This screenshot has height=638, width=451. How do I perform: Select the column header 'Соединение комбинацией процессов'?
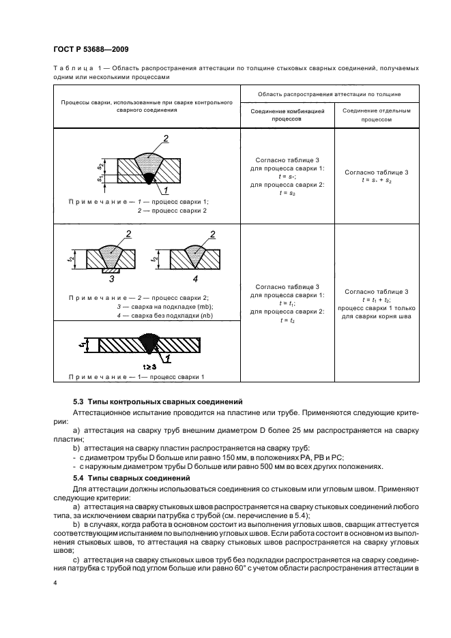click(287, 114)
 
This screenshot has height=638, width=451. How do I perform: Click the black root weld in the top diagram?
click(148, 179)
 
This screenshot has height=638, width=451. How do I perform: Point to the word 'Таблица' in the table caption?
click(71, 69)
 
